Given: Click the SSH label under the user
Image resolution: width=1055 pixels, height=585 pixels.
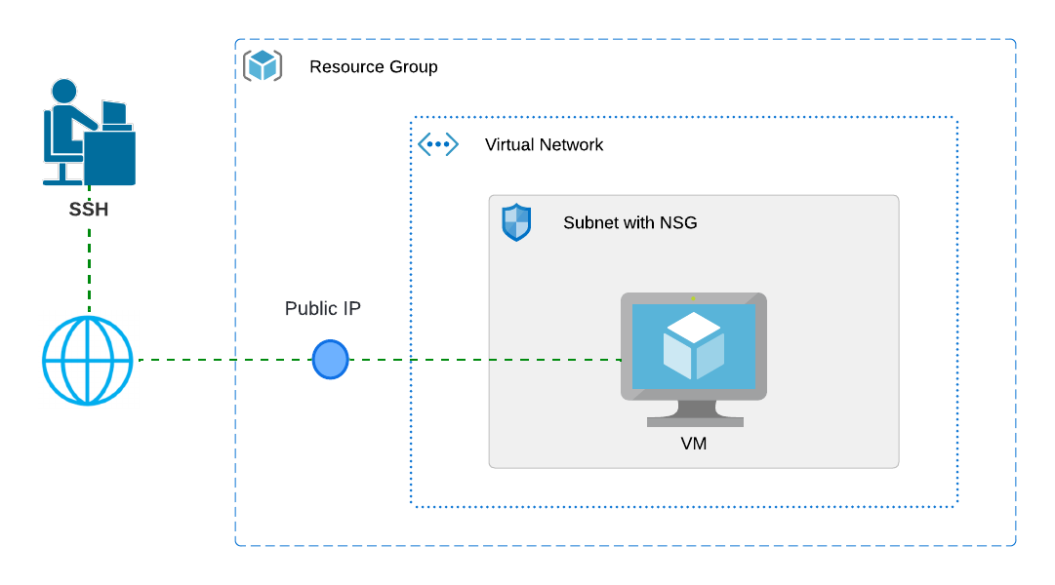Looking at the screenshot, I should [x=88, y=210].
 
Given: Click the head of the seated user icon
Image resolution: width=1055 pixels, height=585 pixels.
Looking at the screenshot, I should [x=64, y=91].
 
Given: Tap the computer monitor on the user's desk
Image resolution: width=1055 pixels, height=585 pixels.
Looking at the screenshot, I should [x=114, y=112].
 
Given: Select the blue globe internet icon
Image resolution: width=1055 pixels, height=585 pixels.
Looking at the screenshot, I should [x=88, y=361].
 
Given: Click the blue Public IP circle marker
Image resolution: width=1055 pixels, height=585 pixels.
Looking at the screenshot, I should [x=330, y=360].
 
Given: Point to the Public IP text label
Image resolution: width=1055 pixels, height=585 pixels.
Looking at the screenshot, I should [x=323, y=309].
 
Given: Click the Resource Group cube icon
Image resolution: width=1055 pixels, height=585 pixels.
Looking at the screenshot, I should [x=263, y=66].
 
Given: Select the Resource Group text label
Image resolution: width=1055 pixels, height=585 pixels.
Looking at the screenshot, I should [x=373, y=67].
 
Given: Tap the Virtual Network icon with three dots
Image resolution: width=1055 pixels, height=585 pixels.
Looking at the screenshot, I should [x=438, y=144].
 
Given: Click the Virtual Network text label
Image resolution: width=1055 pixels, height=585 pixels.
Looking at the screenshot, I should [x=544, y=145].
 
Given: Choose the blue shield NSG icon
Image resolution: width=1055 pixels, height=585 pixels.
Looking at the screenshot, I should [x=516, y=222].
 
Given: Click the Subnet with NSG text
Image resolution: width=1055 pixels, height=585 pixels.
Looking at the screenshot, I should [x=629, y=223].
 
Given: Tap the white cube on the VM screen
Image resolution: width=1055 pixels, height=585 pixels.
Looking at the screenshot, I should [x=694, y=346].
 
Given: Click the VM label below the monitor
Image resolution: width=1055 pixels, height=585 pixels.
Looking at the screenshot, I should [x=694, y=445].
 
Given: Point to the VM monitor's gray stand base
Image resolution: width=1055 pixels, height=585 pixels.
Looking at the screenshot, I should [x=695, y=422].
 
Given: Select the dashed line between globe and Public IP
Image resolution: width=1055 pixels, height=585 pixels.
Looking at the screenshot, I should [x=224, y=360].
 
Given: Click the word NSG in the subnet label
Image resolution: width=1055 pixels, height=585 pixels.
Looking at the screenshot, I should [x=678, y=223].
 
